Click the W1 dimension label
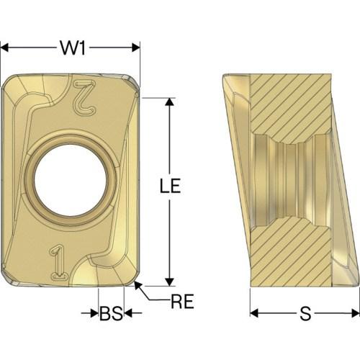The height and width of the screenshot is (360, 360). (x=73, y=48)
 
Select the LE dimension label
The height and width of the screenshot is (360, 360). (x=171, y=185)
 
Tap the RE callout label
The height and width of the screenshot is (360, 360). (x=182, y=301)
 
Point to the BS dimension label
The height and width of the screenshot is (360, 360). (x=111, y=313)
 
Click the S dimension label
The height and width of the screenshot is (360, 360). (x=305, y=313)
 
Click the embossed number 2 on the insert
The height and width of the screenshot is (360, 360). (x=84, y=96)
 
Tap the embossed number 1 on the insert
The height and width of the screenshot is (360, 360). (x=58, y=262)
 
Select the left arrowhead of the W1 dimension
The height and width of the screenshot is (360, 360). (x=5, y=48)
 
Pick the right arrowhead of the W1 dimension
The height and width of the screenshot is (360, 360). (x=136, y=48)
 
